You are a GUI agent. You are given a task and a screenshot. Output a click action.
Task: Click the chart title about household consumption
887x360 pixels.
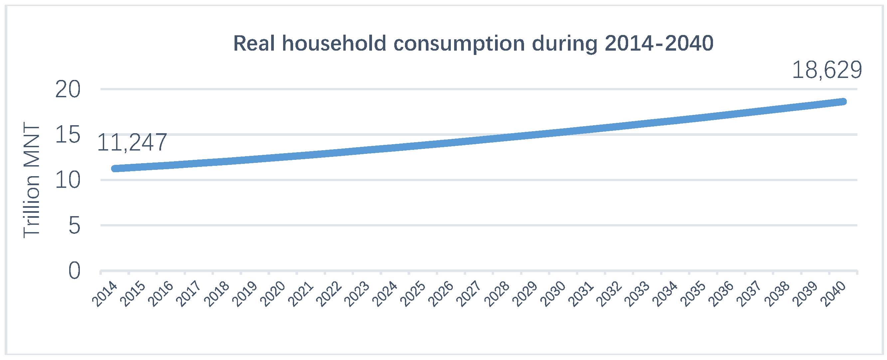coord(473,44)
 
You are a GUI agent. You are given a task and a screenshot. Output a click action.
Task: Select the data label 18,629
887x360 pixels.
coord(827,70)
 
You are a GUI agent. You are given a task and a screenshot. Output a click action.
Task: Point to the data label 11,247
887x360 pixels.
coord(132,143)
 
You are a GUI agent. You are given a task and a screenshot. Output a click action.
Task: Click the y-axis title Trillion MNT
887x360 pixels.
coord(32,180)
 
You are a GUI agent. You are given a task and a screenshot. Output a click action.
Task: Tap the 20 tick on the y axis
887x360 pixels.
coord(68,90)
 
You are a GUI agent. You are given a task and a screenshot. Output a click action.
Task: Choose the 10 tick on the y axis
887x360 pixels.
coord(68,180)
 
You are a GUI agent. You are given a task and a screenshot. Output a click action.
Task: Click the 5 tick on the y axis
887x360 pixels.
coord(75,226)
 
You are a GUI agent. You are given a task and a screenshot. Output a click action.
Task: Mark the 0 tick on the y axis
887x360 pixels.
coord(75,271)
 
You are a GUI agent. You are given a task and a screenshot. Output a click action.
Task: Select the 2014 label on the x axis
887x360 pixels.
coord(105,294)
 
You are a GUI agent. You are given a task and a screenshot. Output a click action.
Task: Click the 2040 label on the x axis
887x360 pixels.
coord(833,294)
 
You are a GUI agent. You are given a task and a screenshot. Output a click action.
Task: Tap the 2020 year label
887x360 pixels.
coord(273,294)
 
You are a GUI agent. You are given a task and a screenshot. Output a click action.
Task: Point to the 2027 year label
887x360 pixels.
coord(469,294)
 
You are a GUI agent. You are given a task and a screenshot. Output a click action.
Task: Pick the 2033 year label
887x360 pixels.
coord(637,294)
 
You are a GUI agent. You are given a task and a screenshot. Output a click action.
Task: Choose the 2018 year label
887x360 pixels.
coord(217,294)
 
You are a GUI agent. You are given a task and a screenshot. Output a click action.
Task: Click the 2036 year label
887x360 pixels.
coord(721,294)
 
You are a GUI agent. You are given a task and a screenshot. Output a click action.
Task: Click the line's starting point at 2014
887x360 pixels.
coord(115,169)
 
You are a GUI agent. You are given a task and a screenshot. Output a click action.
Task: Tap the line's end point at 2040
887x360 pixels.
coord(843,102)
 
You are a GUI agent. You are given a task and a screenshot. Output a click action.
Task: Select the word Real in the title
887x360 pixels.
coord(254,44)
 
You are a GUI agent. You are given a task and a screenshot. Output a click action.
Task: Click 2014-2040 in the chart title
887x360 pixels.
coord(659,44)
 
